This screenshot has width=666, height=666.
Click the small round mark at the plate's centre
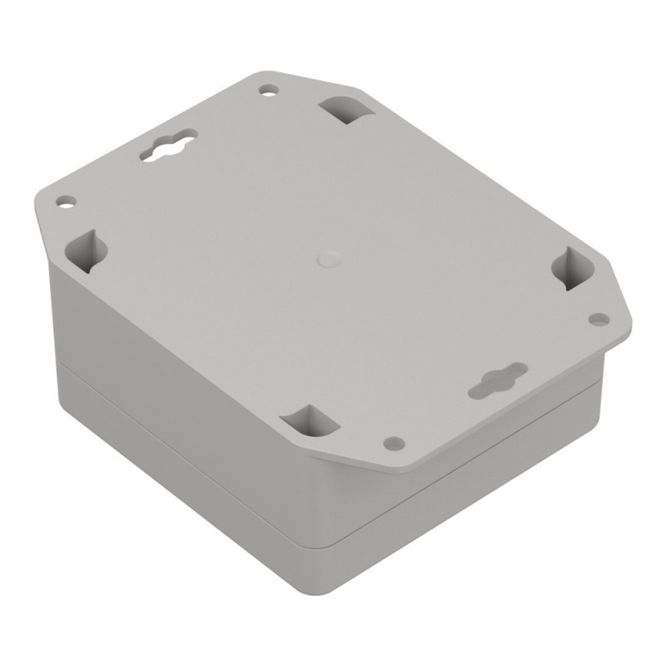[327, 258]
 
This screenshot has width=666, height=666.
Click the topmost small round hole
[268, 88]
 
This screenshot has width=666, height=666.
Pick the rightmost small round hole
[598, 318]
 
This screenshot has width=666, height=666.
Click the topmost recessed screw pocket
[344, 109]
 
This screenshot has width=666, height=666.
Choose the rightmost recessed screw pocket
[572, 269]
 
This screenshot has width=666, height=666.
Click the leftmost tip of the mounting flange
[35, 200]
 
